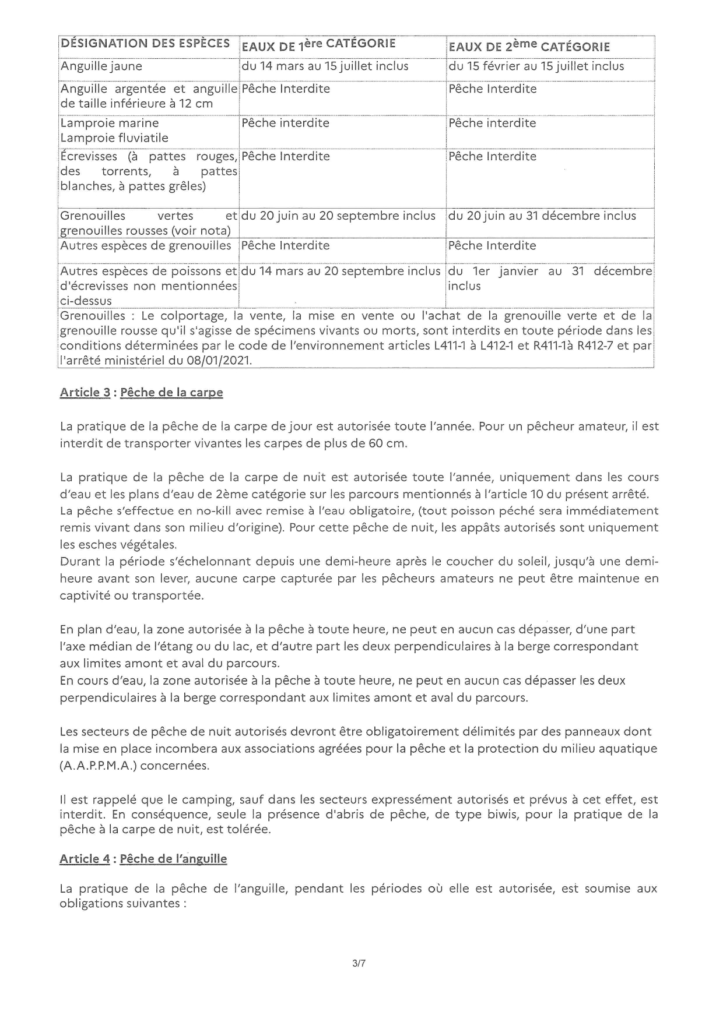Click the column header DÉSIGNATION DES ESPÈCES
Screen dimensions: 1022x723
pyautogui.click(x=145, y=44)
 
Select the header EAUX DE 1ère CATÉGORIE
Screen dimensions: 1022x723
pyautogui.click(x=318, y=44)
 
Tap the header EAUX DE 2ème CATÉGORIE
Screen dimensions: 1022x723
pyautogui.click(x=529, y=46)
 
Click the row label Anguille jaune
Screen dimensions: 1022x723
pyautogui.click(x=101, y=66)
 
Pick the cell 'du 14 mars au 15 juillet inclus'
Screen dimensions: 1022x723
pyautogui.click(x=325, y=66)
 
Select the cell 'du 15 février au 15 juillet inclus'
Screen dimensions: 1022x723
pyautogui.click(x=536, y=66)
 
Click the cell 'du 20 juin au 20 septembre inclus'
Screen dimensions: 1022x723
pyautogui.click(x=338, y=216)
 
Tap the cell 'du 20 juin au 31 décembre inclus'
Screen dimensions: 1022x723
pyautogui.click(x=542, y=216)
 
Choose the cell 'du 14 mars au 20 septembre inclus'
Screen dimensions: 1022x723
pyautogui.click(x=341, y=272)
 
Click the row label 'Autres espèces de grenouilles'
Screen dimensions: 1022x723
pyautogui.click(x=146, y=246)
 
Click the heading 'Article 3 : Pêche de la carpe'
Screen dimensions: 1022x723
pyautogui.click(x=141, y=393)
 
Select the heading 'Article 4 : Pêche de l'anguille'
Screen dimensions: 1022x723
pyautogui.click(x=143, y=859)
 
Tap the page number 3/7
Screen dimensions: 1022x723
pyautogui.click(x=359, y=964)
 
